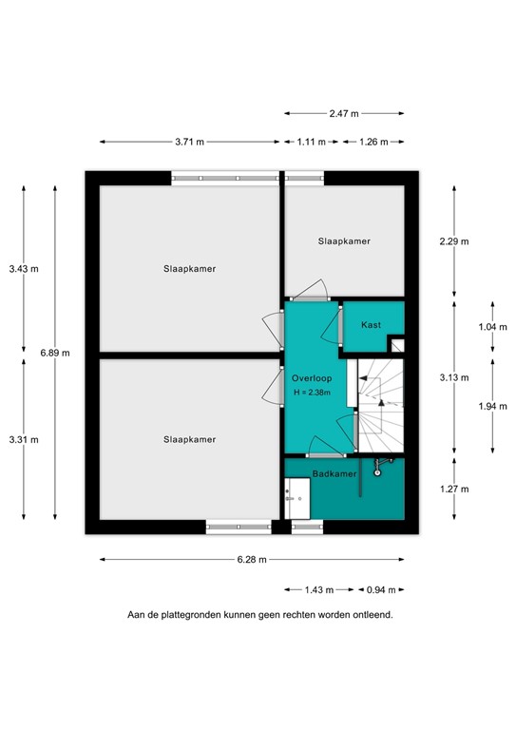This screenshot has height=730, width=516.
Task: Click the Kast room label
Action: pyautogui.click(x=371, y=325)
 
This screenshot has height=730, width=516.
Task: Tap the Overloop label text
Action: pyautogui.click(x=312, y=376)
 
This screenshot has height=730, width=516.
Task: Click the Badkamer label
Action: pyautogui.click(x=334, y=472)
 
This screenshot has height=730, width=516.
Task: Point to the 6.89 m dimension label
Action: pyautogui.click(x=55, y=353)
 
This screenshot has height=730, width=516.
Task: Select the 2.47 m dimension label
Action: pyautogui.click(x=344, y=113)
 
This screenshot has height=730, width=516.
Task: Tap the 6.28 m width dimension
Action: pyautogui.click(x=252, y=560)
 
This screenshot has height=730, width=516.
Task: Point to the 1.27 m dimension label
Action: pyautogui.click(x=455, y=489)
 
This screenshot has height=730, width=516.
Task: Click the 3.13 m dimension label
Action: pyautogui.click(x=455, y=377)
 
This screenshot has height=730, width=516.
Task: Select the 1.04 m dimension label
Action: pyautogui.click(x=492, y=327)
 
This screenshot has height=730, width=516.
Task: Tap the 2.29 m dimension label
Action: pyautogui.click(x=455, y=241)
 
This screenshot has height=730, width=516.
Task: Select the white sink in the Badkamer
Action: pyautogui.click(x=296, y=493)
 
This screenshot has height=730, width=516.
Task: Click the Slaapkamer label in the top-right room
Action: pyautogui.click(x=343, y=241)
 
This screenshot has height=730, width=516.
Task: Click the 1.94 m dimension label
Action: pyautogui.click(x=492, y=406)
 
